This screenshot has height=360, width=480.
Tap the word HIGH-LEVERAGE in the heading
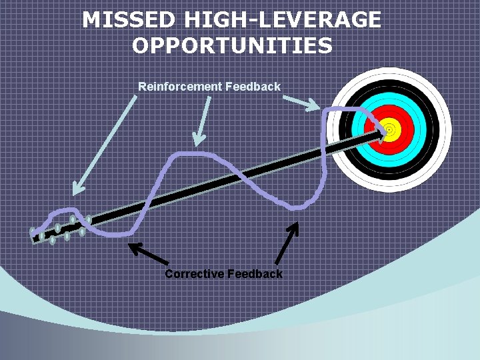[x=281, y=19]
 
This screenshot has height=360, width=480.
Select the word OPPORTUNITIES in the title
[x=231, y=46]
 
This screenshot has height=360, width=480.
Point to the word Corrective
[x=194, y=274]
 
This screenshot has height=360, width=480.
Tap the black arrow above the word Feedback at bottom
[x=287, y=243]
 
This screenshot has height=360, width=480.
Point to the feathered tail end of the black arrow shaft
[x=60, y=229]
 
